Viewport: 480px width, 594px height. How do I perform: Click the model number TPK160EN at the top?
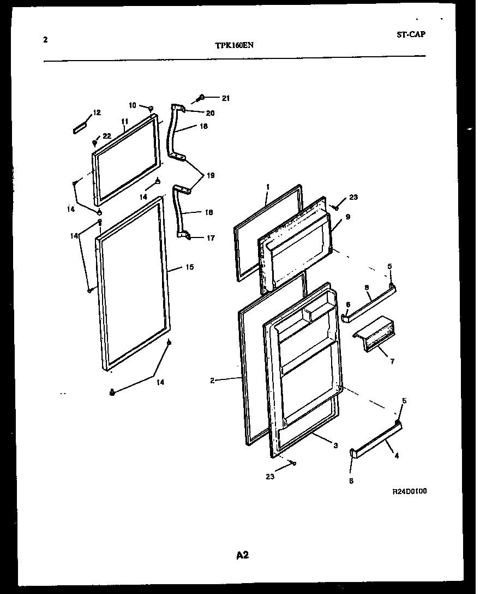pos(233,46)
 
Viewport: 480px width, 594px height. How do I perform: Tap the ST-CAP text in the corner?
pos(411,34)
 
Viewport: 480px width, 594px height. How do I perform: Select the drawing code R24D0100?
pos(409,491)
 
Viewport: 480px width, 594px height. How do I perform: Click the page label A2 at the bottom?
pos(242,555)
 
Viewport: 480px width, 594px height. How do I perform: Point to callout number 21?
pos(225,98)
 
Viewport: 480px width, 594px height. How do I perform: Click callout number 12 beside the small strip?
pos(97,113)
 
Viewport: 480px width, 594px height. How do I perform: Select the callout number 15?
pos(189,268)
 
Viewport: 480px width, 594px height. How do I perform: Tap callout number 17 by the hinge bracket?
pos(210,238)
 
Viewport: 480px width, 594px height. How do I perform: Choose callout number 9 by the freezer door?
pos(347,216)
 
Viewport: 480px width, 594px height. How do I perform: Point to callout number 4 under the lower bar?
pos(396,455)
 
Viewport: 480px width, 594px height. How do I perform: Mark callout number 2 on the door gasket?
pos(213,381)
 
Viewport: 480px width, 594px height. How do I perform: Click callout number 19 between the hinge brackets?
pos(211,175)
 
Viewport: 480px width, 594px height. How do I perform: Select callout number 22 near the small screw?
pos(106,136)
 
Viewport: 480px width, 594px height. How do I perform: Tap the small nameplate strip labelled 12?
pos(80,128)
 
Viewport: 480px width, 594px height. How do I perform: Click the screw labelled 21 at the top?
pos(200,98)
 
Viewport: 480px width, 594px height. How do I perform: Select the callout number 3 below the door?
pos(335,446)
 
